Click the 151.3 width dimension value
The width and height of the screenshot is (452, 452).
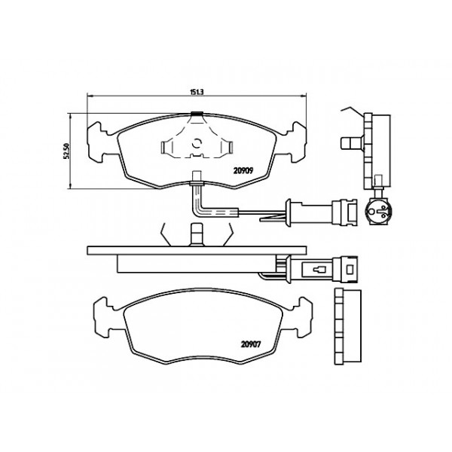(197, 92)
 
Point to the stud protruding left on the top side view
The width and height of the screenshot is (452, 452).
(350, 142)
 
